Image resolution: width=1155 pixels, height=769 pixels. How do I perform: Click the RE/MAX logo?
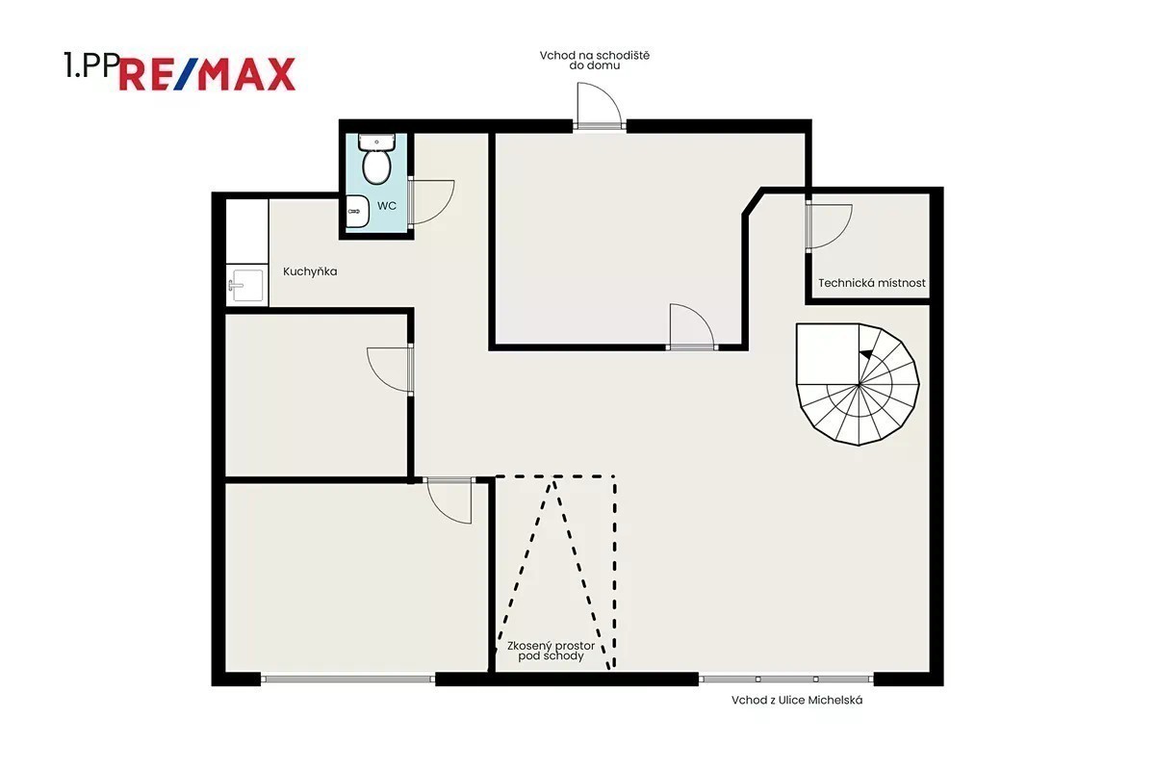point(207,74)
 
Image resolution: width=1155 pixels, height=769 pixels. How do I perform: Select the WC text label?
point(387,206)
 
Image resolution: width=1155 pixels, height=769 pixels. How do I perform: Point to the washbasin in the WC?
point(356,211)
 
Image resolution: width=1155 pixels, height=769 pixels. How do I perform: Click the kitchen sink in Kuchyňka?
point(247,285)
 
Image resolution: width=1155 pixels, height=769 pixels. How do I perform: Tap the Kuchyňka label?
point(310,271)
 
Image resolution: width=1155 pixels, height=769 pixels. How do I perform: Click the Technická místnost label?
point(871,283)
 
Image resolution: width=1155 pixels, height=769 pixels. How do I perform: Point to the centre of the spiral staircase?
point(859,385)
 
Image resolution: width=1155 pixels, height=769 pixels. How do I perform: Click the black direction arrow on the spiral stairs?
point(866,354)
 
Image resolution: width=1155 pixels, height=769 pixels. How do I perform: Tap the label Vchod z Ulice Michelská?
point(797,700)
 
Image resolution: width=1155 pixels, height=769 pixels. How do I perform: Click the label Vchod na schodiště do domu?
point(595,61)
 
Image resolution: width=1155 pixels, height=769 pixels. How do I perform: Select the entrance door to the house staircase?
point(599,106)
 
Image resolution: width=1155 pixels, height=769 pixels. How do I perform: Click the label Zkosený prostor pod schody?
point(551,651)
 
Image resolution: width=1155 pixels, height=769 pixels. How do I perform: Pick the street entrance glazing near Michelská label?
point(786,679)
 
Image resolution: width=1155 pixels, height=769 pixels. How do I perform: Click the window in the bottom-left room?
point(348,679)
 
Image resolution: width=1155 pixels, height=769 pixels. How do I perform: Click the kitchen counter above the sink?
point(247,232)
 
